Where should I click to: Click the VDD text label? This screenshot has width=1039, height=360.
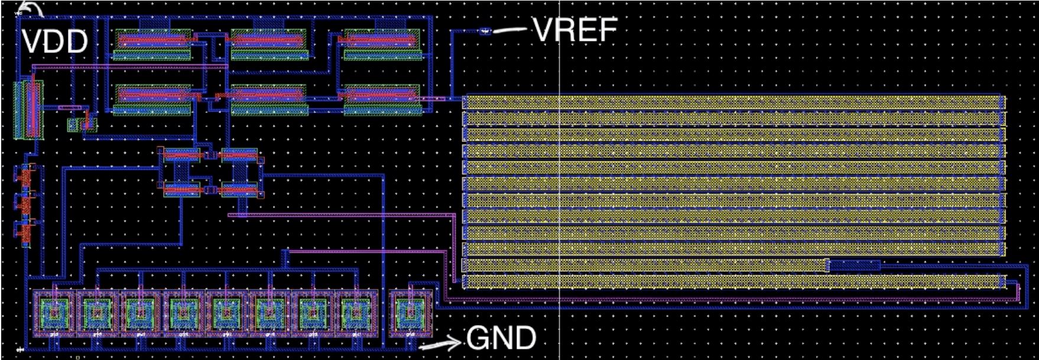pyautogui.click(x=55, y=42)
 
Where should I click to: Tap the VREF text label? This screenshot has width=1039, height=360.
pyautogui.click(x=574, y=30)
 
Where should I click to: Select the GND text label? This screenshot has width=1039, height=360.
pyautogui.click(x=501, y=339)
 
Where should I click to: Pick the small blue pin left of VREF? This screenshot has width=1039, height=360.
pyautogui.click(x=485, y=31)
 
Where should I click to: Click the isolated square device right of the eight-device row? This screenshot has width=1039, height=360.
pyautogui.click(x=411, y=312)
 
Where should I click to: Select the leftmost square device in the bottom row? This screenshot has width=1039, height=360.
pyautogui.click(x=54, y=312)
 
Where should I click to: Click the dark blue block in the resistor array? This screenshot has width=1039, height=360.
pyautogui.click(x=853, y=266)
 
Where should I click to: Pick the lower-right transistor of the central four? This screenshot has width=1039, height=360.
pyautogui.click(x=240, y=190)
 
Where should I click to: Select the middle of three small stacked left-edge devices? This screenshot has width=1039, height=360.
pyautogui.click(x=25, y=204)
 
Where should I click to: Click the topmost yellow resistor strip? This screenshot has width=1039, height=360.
pyautogui.click(x=733, y=102)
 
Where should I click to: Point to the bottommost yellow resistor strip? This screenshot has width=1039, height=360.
pyautogui.click(x=733, y=281)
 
